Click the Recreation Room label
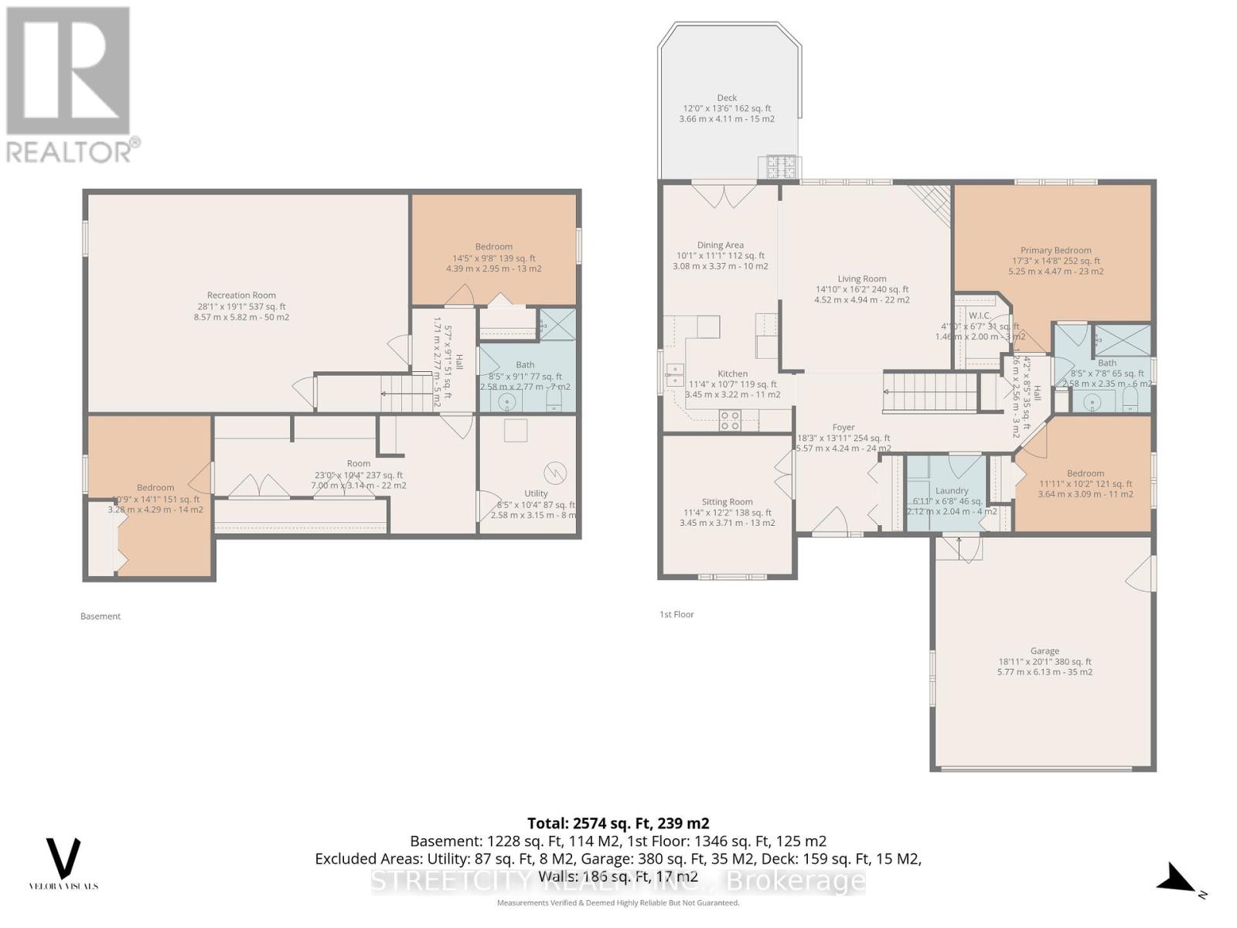[x=241, y=295]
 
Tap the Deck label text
[x=727, y=97]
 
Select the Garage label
[x=1044, y=651]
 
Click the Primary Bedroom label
[x=1055, y=250]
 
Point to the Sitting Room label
[x=727, y=502]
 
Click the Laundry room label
[x=952, y=490]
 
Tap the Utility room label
[x=536, y=493]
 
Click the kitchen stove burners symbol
[x=730, y=420]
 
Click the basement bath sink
[x=507, y=401]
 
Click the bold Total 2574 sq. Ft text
[x=618, y=823]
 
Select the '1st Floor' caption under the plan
[x=676, y=614]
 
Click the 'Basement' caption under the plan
[x=101, y=616]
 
